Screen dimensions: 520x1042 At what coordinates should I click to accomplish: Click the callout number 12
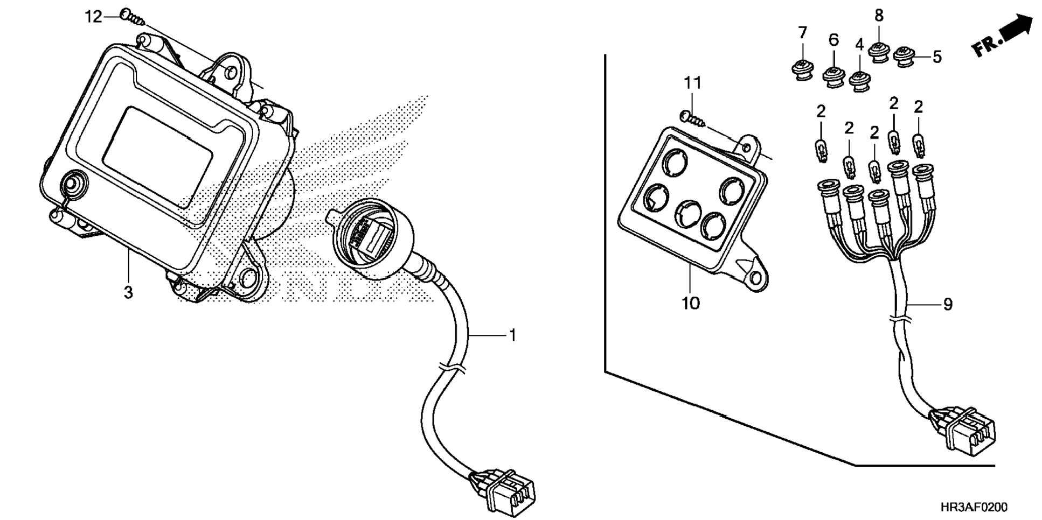[x=93, y=17]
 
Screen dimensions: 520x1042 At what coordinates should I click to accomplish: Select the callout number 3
[x=128, y=292]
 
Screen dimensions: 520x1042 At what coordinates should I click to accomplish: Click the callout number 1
[x=512, y=335]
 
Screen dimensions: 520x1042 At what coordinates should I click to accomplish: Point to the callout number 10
[x=690, y=303]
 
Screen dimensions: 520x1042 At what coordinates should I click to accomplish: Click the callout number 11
[x=693, y=83]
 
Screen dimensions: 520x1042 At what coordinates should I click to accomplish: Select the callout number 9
[x=948, y=305]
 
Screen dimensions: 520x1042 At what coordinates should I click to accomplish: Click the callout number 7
[x=803, y=33]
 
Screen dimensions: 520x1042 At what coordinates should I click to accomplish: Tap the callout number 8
[x=879, y=16]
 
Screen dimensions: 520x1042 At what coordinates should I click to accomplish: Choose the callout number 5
[x=937, y=57]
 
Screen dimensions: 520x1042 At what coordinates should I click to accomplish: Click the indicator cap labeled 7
[x=802, y=71]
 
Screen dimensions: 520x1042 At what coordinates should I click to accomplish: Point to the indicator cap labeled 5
[x=904, y=57]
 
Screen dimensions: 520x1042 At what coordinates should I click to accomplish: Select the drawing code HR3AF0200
[x=974, y=507]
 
